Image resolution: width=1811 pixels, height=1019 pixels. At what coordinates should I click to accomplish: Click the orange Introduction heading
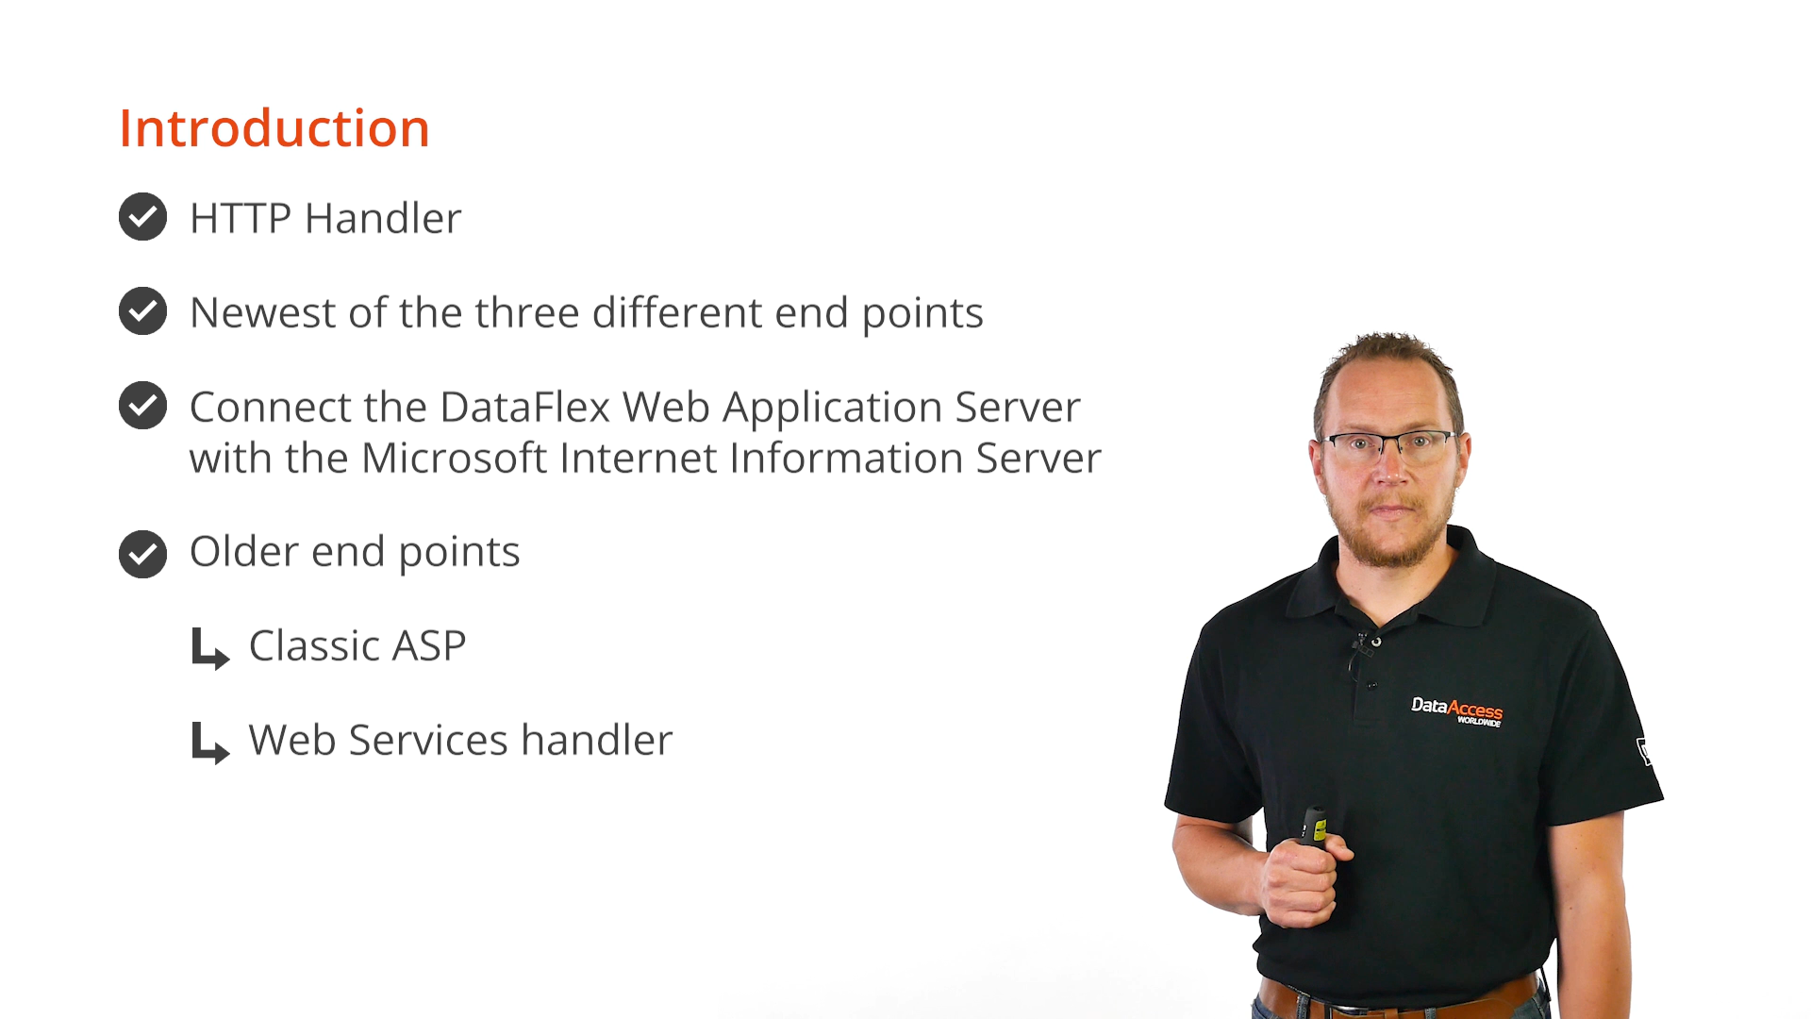[274, 128]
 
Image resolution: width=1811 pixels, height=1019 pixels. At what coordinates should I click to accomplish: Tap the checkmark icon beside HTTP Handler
[142, 217]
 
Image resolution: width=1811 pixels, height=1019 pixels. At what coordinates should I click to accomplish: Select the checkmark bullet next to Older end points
[142, 554]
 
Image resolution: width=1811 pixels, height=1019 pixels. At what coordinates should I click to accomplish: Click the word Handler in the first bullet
[383, 218]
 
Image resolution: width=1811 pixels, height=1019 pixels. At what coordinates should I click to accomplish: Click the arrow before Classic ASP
[209, 649]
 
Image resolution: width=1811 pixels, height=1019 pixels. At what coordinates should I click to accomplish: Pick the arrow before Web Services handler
[209, 743]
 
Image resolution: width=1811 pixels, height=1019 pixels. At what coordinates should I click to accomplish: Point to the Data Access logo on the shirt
[1456, 711]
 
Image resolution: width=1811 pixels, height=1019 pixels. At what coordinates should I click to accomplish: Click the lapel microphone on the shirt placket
[1365, 643]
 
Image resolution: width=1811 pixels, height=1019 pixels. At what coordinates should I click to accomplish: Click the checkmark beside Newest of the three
[142, 311]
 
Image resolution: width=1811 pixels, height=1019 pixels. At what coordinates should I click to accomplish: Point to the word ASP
[429, 646]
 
